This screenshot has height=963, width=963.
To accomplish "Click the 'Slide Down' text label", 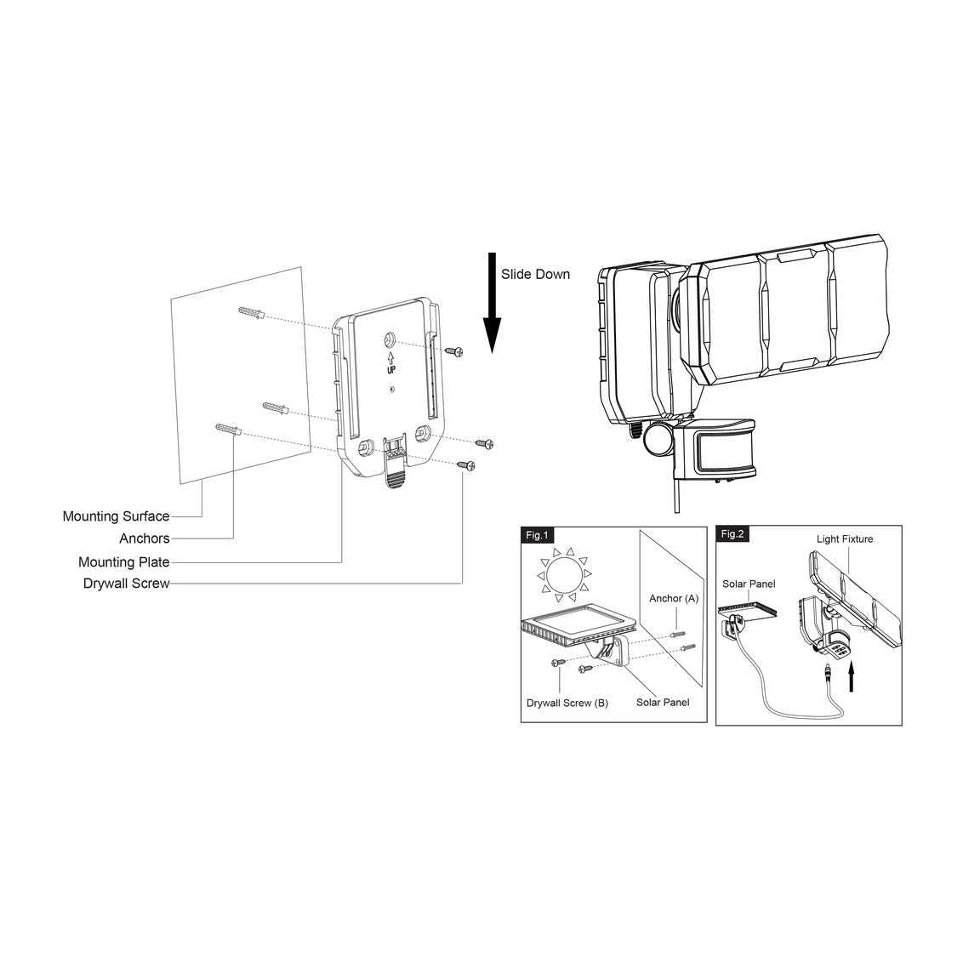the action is coord(535,275).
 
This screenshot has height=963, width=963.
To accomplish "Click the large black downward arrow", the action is coord(492,303).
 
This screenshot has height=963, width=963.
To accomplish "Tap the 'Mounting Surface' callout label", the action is coord(116,516).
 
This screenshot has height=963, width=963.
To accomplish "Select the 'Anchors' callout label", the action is coord(145,538).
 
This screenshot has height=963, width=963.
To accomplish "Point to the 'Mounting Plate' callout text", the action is coord(124,562).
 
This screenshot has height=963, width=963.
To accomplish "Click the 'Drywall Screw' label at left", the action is coord(127,584).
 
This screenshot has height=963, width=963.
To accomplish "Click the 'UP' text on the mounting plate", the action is coord(390,369).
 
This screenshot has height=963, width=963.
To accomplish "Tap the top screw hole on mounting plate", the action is coord(390,339).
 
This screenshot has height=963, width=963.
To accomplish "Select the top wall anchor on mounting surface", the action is coord(252,312).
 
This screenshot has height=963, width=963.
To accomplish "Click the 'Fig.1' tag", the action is coord(536,535).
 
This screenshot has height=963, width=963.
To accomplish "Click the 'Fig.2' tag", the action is coord(732,533).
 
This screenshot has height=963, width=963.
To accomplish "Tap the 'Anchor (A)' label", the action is coord(674,598).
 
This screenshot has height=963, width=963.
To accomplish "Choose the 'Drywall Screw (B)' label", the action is coord(567,703).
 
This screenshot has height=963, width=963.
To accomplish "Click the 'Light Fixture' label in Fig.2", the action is coord(845,538).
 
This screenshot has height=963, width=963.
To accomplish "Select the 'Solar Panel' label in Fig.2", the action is coord(749,584).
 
